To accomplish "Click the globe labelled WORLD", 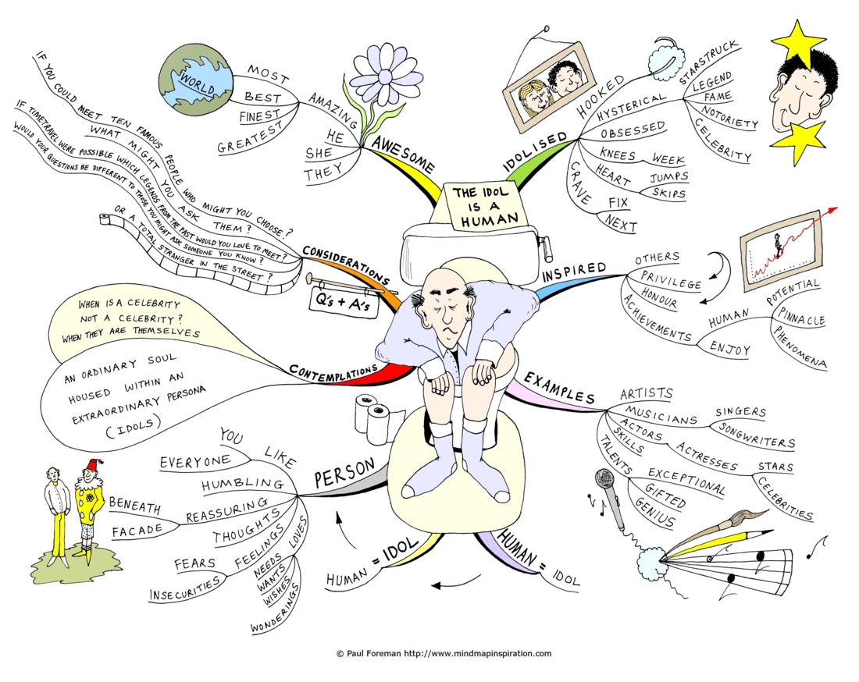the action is (196, 80).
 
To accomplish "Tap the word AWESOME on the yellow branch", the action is (403, 154).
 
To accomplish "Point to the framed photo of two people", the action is (550, 87).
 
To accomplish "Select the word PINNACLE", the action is (801, 316).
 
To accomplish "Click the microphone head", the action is (604, 479).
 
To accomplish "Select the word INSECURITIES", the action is (184, 589).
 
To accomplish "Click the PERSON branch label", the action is (344, 472).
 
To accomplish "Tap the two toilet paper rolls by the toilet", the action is (372, 417).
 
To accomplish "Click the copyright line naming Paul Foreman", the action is (444, 653).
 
